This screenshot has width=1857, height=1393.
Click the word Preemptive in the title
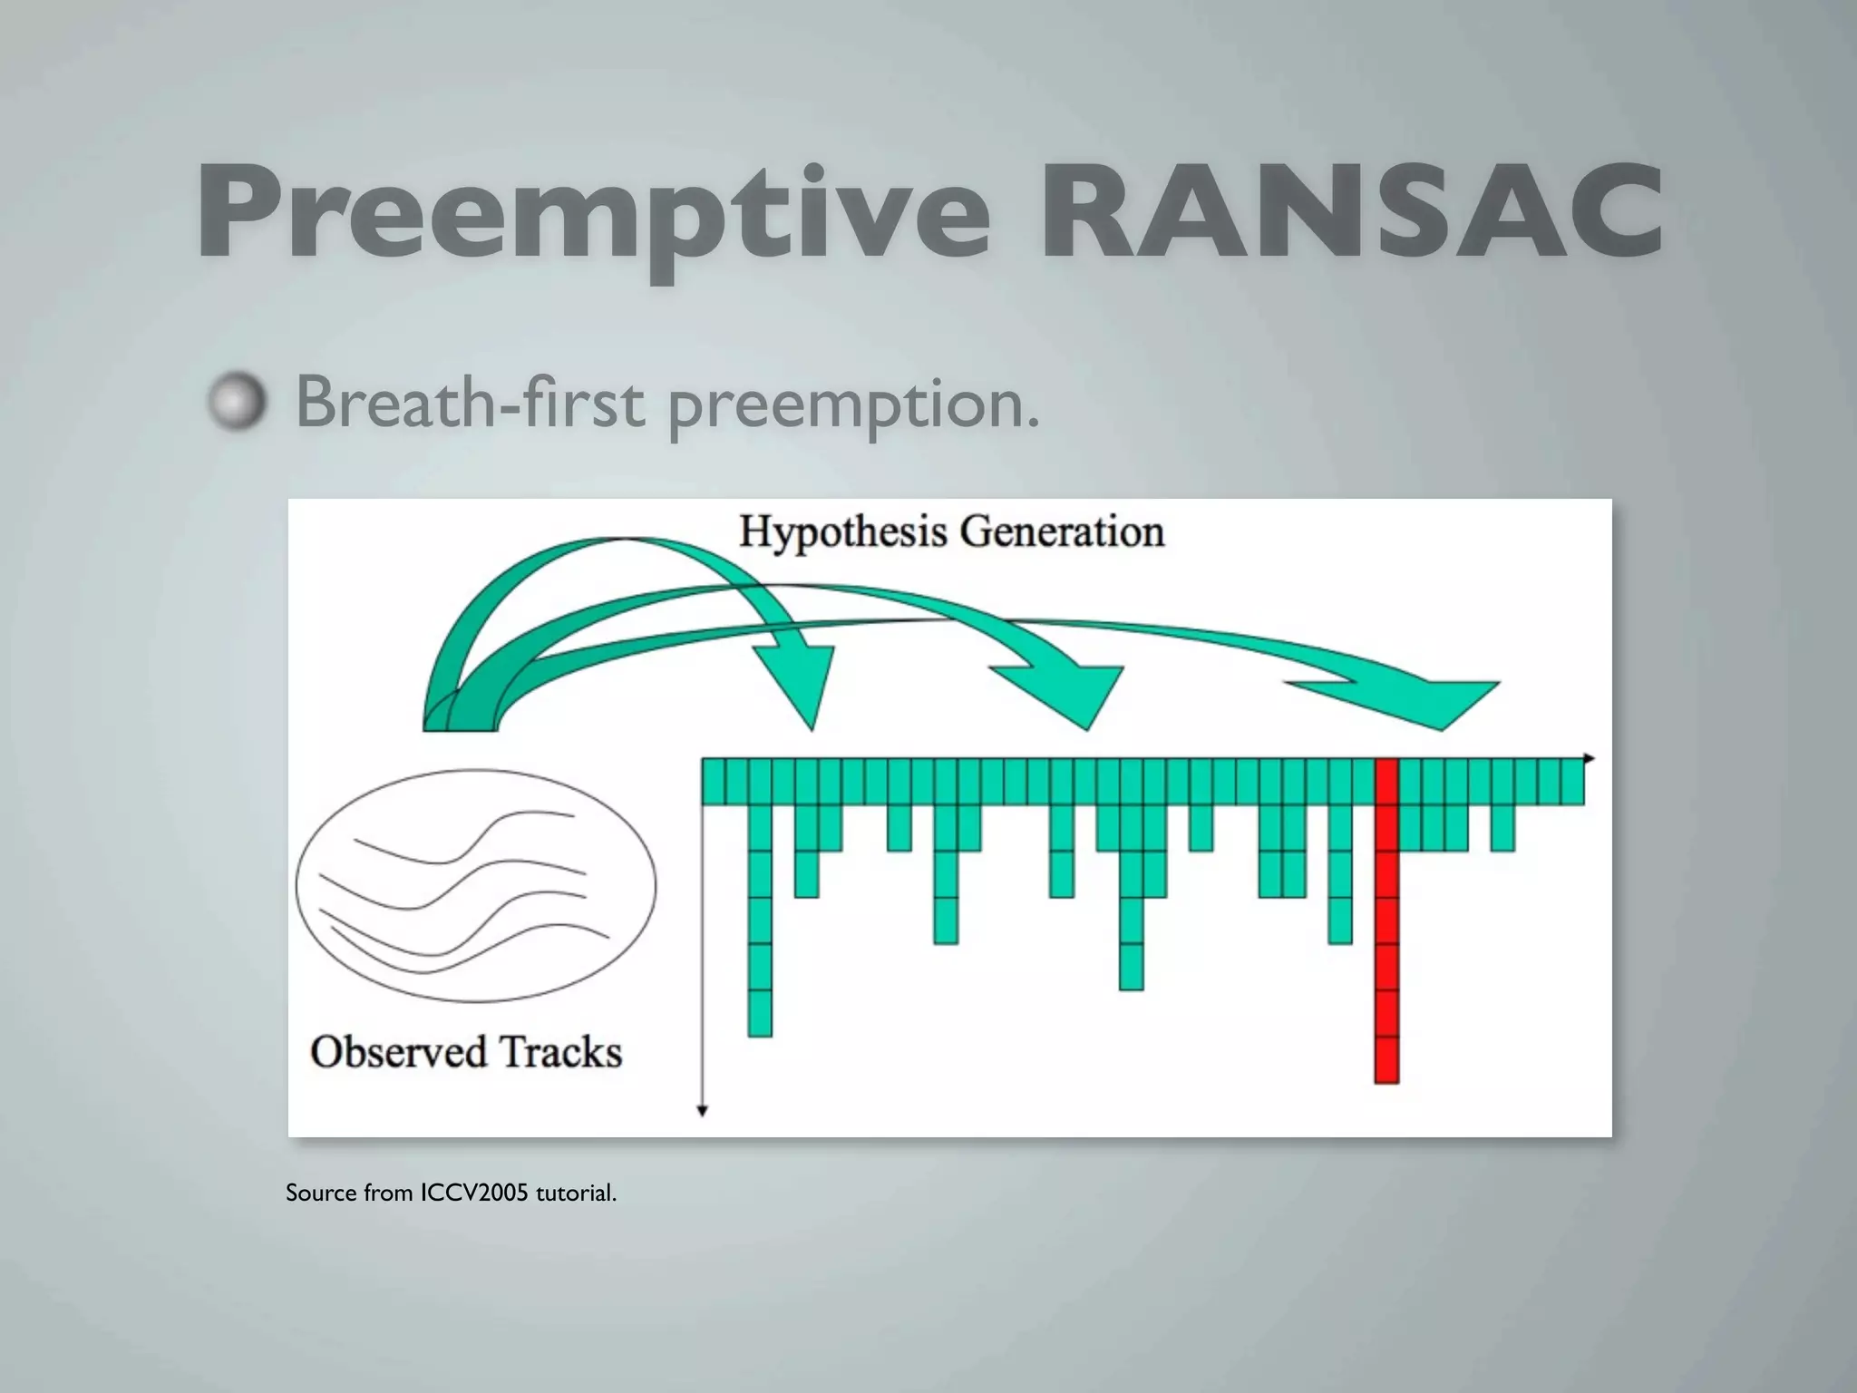pos(594,216)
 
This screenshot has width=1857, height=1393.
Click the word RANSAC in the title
pos(1351,216)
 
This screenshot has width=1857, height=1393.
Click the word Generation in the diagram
pos(1062,531)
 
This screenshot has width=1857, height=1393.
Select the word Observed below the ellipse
pos(398,1052)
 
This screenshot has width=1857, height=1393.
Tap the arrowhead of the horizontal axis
pos(1589,757)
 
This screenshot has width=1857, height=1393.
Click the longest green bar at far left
pos(760,916)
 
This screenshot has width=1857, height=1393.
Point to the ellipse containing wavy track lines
pos(475,885)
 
